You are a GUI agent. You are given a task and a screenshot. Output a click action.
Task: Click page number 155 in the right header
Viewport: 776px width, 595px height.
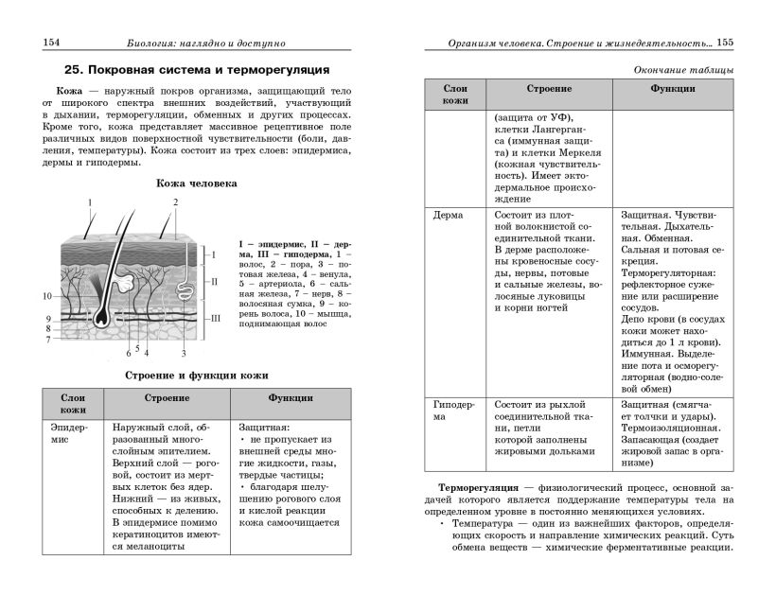(x=726, y=41)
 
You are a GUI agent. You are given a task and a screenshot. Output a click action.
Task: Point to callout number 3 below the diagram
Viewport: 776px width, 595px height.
(x=183, y=353)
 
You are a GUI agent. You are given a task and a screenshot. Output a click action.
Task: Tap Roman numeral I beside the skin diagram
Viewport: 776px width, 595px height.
(x=214, y=254)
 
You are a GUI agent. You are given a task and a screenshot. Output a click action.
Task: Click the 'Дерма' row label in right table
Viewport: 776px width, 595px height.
(x=448, y=215)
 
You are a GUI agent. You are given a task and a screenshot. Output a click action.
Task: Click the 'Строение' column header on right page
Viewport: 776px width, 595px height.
(x=549, y=89)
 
